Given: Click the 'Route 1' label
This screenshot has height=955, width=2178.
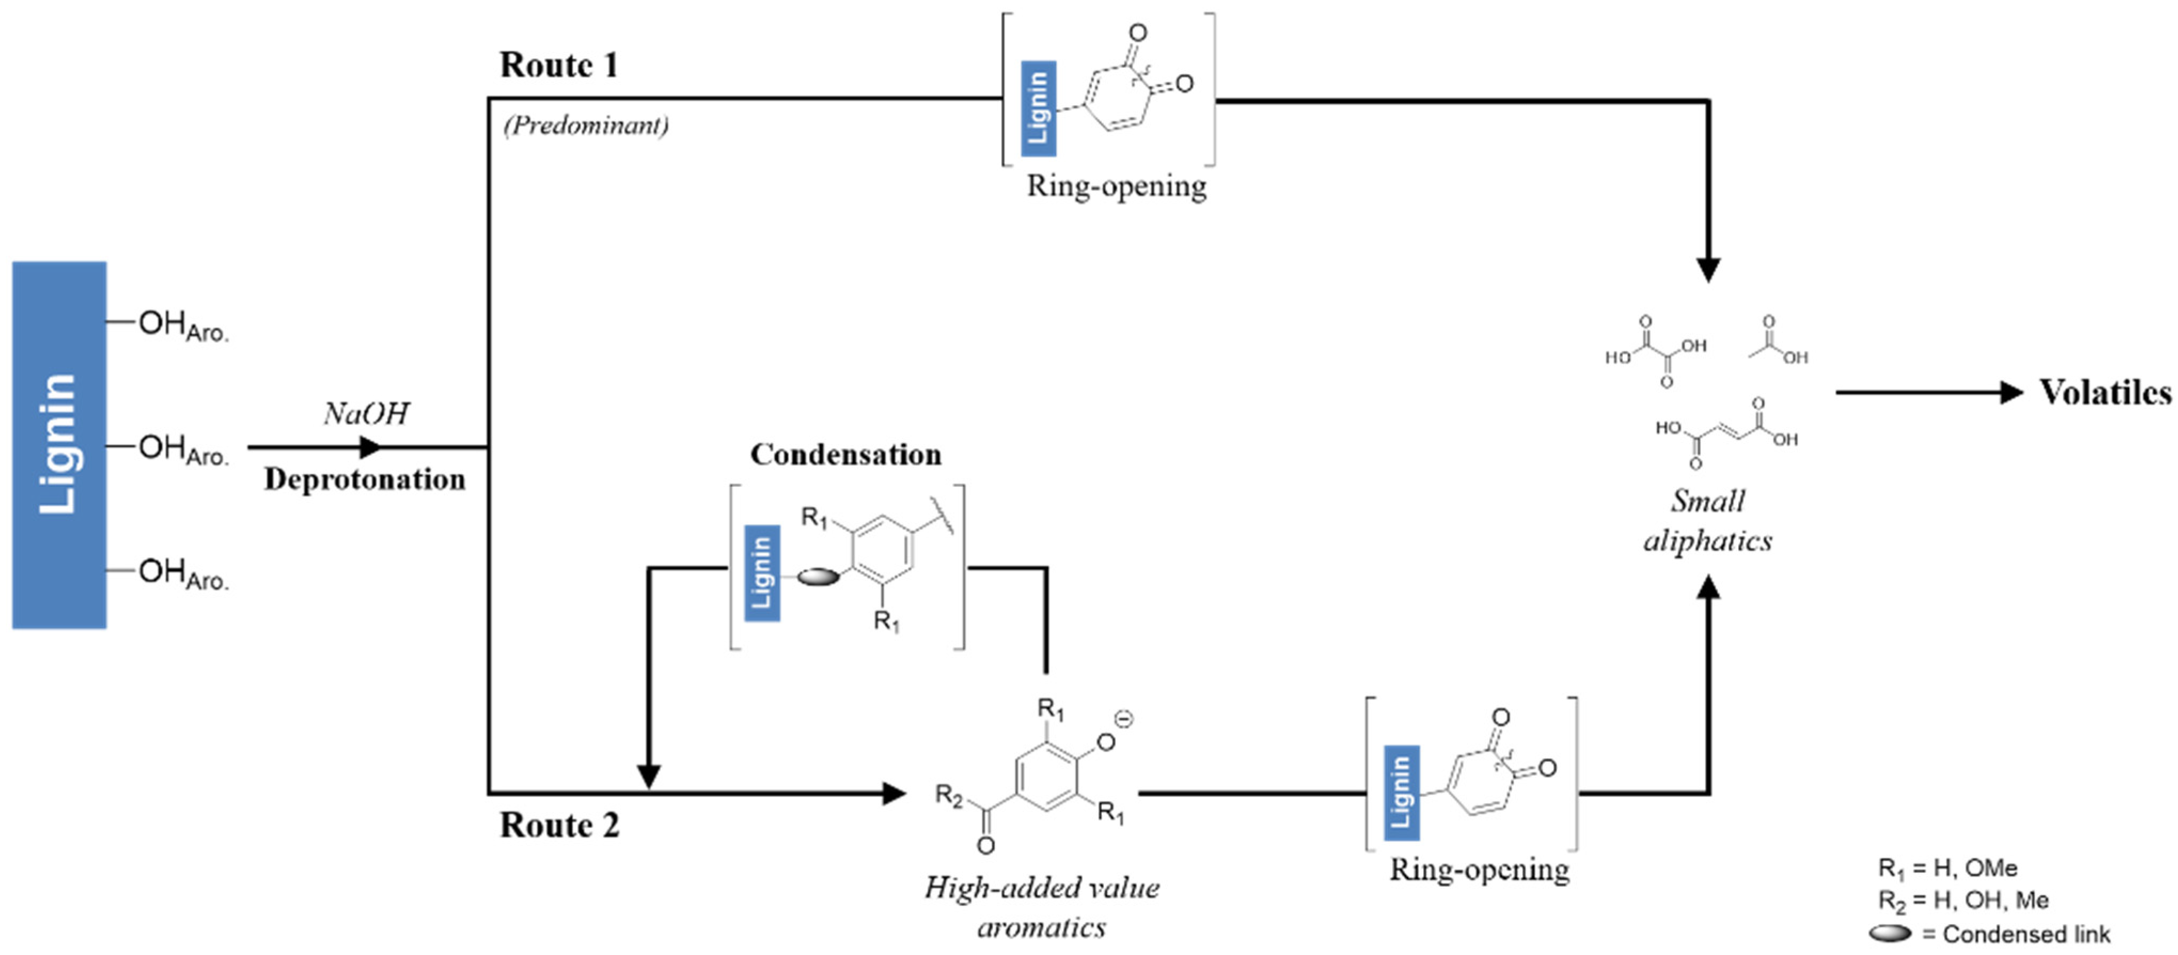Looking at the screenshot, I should [x=559, y=65].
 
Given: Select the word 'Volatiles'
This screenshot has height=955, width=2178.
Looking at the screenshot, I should [x=2104, y=392].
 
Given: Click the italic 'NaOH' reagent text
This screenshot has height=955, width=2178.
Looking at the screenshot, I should [x=366, y=413].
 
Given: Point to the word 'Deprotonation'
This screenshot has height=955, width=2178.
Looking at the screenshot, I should [x=365, y=479].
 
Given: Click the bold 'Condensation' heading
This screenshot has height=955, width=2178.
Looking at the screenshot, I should [x=846, y=455].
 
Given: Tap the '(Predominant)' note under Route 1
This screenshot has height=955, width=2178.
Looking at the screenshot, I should [x=586, y=125].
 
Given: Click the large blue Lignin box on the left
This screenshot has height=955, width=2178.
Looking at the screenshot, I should [x=59, y=445].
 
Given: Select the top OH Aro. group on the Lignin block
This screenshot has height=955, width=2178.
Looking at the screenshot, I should [x=183, y=325].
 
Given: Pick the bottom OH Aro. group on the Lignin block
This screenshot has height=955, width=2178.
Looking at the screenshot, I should [x=183, y=573].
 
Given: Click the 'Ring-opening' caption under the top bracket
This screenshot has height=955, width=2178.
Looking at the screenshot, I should [x=1116, y=186].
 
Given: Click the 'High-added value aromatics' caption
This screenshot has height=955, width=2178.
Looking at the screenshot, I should [x=1041, y=907].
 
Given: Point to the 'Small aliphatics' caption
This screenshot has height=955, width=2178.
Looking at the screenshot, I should [x=1707, y=520].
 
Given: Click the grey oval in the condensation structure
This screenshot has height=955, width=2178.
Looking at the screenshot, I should [x=818, y=577].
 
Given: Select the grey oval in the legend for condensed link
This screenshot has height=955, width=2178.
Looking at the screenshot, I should [x=1890, y=933].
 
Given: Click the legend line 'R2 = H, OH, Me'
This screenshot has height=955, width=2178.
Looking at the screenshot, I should [x=1963, y=900].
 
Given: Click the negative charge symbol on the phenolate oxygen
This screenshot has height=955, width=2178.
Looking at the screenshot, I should [x=1124, y=719].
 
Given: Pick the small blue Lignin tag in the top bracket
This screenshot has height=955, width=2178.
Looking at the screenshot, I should [x=1037, y=108].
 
